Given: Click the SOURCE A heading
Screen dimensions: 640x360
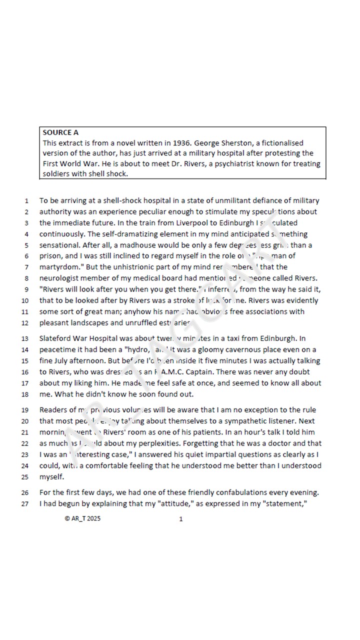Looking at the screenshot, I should (60, 132).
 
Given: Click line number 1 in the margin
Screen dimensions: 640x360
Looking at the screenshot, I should (26, 201).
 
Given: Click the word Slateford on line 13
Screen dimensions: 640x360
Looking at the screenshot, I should (55, 339).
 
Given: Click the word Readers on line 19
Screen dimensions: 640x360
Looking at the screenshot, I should (53, 410).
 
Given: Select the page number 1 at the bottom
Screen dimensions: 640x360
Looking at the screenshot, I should (181, 519).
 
